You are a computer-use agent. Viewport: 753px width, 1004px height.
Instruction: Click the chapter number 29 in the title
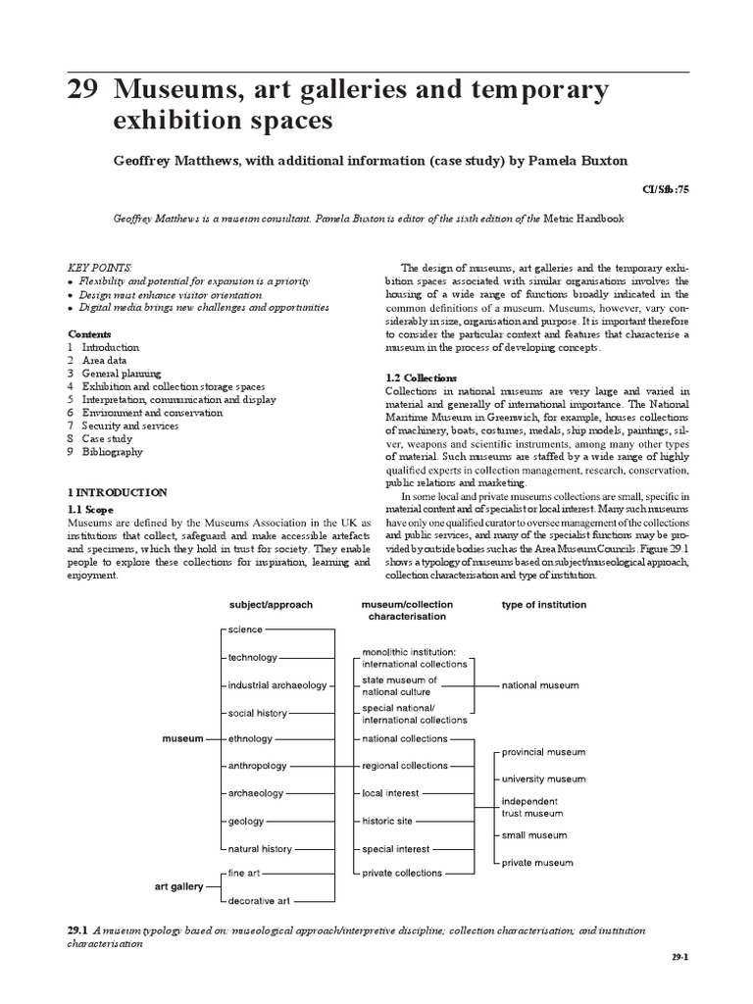83,92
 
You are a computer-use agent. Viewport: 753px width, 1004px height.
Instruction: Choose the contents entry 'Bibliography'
112,453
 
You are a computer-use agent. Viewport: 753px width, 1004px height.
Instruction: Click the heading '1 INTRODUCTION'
117,492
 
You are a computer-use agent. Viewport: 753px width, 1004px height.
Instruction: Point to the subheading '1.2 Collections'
422,377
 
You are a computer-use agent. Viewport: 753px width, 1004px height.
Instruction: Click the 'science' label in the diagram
245,629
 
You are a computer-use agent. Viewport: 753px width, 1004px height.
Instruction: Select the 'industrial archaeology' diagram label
277,684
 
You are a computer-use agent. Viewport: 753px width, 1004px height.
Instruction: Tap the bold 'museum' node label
183,738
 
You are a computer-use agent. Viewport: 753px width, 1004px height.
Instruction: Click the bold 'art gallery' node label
179,886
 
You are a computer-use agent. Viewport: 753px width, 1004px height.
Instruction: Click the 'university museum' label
544,778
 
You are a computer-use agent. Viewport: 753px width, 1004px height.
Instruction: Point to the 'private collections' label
402,873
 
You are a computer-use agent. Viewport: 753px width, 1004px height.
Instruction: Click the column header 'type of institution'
544,605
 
